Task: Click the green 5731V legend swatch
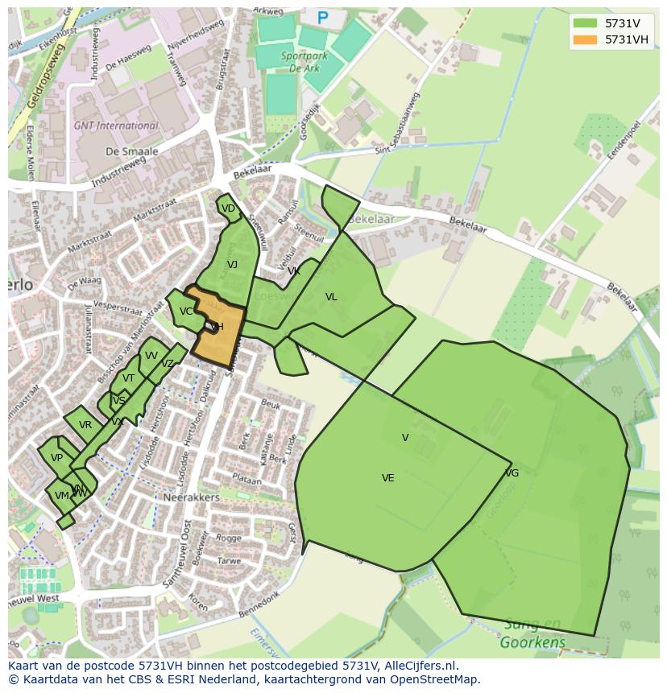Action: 586,23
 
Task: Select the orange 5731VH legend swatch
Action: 586,39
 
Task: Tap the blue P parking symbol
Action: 323,18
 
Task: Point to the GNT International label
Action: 116,126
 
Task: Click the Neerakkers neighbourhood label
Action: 192,497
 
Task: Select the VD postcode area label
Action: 228,208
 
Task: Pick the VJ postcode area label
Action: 232,265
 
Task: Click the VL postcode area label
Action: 331,297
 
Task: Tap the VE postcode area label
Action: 387,478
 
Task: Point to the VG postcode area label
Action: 512,473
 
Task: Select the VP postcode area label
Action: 56,458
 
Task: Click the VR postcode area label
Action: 85,425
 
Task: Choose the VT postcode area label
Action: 129,378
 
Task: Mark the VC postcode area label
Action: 186,311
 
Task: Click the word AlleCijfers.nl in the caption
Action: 421,666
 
